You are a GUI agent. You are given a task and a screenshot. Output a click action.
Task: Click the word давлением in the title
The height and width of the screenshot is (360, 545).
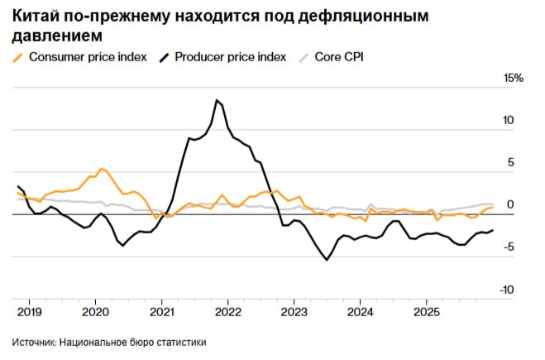tap(58, 36)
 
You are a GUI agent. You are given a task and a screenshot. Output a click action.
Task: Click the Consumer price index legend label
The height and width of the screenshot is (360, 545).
tap(88, 57)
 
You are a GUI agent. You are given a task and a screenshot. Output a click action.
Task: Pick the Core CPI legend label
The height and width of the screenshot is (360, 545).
tap(339, 57)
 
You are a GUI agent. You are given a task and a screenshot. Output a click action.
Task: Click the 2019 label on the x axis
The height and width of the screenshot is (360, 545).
tap(29, 312)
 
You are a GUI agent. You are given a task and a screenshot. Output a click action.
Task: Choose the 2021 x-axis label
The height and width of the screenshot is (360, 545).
tap(161, 312)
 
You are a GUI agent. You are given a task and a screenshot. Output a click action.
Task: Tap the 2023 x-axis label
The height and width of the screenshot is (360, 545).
tap(294, 312)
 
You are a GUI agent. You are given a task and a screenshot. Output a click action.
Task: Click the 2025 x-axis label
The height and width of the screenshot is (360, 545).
tap(426, 312)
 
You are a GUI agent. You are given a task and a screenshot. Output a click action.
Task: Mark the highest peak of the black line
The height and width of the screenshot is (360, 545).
tap(217, 100)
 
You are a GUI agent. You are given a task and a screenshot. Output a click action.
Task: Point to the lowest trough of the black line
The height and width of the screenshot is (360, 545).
tap(327, 260)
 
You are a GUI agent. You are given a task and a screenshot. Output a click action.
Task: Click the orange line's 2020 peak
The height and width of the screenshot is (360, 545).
tap(100, 169)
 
